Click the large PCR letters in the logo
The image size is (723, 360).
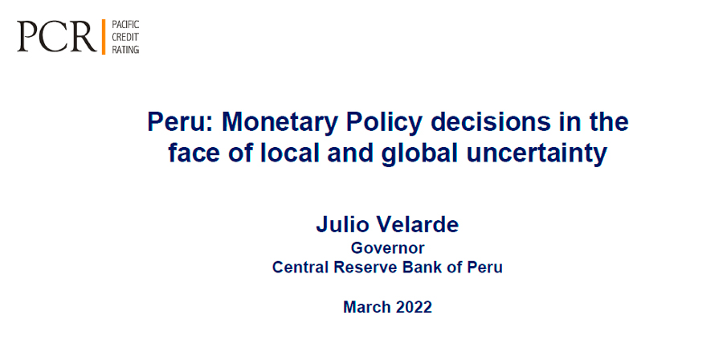click(x=57, y=36)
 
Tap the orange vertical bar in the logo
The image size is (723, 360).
click(x=104, y=37)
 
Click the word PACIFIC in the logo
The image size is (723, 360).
click(x=125, y=25)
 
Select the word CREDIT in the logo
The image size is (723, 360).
click(x=124, y=37)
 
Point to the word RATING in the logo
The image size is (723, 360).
click(x=125, y=49)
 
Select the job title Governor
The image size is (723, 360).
click(x=387, y=248)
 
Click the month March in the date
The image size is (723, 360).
click(x=366, y=307)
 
